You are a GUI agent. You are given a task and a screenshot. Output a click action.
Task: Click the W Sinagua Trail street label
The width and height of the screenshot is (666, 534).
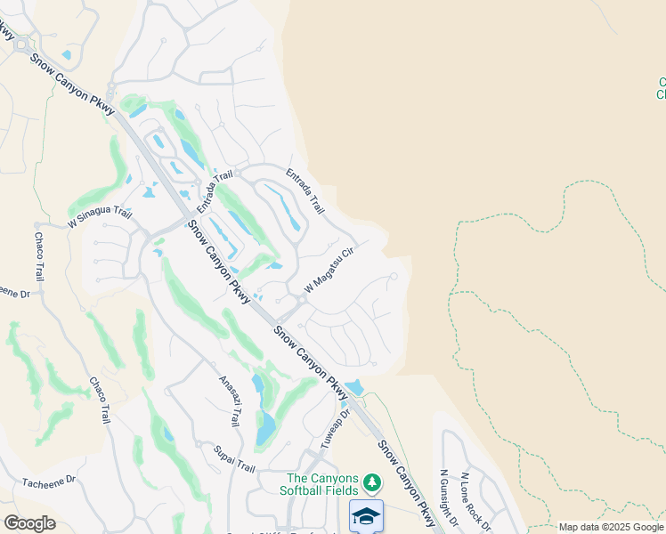pyautogui.click(x=100, y=216)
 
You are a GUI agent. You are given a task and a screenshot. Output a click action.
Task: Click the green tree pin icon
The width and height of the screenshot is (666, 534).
pyautogui.click(x=372, y=483)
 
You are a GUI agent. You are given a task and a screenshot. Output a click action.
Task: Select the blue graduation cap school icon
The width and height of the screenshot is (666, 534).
pyautogui.click(x=366, y=516)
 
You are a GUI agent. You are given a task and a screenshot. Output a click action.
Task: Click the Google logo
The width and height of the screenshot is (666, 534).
pyautogui.click(x=28, y=523)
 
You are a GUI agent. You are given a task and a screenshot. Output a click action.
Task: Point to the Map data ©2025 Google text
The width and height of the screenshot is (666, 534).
pyautogui.click(x=611, y=527)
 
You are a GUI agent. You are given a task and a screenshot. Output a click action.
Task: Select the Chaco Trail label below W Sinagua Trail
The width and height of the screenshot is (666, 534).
pyautogui.click(x=39, y=255)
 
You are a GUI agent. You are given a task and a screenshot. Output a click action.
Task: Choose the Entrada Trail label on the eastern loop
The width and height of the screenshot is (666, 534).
pyautogui.click(x=305, y=190)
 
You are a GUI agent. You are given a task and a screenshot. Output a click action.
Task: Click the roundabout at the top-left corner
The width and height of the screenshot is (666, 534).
pyautogui.click(x=20, y=44)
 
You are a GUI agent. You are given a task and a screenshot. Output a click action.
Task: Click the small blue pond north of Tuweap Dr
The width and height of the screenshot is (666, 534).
pyautogui.click(x=353, y=387)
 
